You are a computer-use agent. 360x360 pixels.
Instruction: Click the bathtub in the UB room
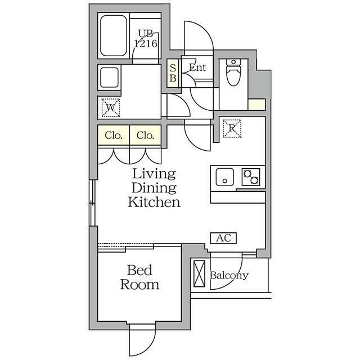pos(114,36)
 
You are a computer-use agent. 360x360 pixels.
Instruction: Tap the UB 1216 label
pos(146,39)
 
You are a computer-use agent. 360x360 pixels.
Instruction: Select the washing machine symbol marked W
pos(111,107)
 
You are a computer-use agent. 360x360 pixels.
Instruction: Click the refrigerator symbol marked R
pos(232,128)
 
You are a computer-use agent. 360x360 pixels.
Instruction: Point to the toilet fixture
pos(233,72)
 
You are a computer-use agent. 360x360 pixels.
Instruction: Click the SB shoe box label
pos(173,73)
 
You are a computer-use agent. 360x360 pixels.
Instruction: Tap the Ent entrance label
pos(197,67)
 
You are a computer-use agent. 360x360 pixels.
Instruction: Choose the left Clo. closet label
pos(114,136)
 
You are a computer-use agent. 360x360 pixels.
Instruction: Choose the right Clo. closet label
pos(145,136)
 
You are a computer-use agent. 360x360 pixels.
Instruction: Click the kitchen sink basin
pos(225,177)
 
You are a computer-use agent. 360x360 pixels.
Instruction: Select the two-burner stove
pos(251,177)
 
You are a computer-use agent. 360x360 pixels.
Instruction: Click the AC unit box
pos(223,238)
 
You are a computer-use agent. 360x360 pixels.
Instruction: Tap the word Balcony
pos(229,276)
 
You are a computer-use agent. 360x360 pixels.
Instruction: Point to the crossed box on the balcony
pos(199,274)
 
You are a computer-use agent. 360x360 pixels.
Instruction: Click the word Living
pos(154,174)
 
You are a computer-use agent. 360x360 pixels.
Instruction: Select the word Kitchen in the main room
pos(154,202)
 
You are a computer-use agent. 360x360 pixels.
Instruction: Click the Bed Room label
pos(139,277)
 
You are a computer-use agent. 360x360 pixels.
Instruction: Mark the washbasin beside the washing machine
pos(109,78)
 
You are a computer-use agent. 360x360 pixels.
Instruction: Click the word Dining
pos(154,188)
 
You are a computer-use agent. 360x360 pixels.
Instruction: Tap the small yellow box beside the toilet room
pos(256,105)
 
